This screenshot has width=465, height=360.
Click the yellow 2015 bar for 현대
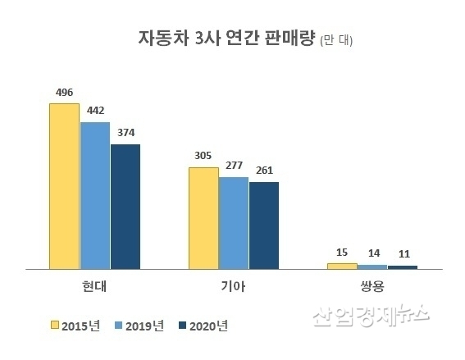[x=64, y=186]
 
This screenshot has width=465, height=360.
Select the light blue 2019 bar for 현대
[x=94, y=195]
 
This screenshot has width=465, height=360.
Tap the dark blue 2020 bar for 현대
[x=125, y=207]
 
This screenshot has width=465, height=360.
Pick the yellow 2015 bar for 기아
[x=203, y=218]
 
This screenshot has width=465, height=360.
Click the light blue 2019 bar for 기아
[x=234, y=223]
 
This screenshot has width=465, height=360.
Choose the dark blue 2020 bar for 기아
[x=264, y=226]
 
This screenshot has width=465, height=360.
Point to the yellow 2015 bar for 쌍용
[x=342, y=266]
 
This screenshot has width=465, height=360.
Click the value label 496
[x=65, y=93]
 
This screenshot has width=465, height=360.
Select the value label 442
[x=96, y=111]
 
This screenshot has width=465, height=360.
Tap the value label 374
[x=126, y=133]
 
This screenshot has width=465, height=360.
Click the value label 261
[x=264, y=171]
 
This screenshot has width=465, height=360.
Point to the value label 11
[x=403, y=254]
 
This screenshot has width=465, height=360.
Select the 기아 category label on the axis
[x=234, y=287]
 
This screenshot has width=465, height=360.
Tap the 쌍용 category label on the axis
[x=372, y=287]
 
